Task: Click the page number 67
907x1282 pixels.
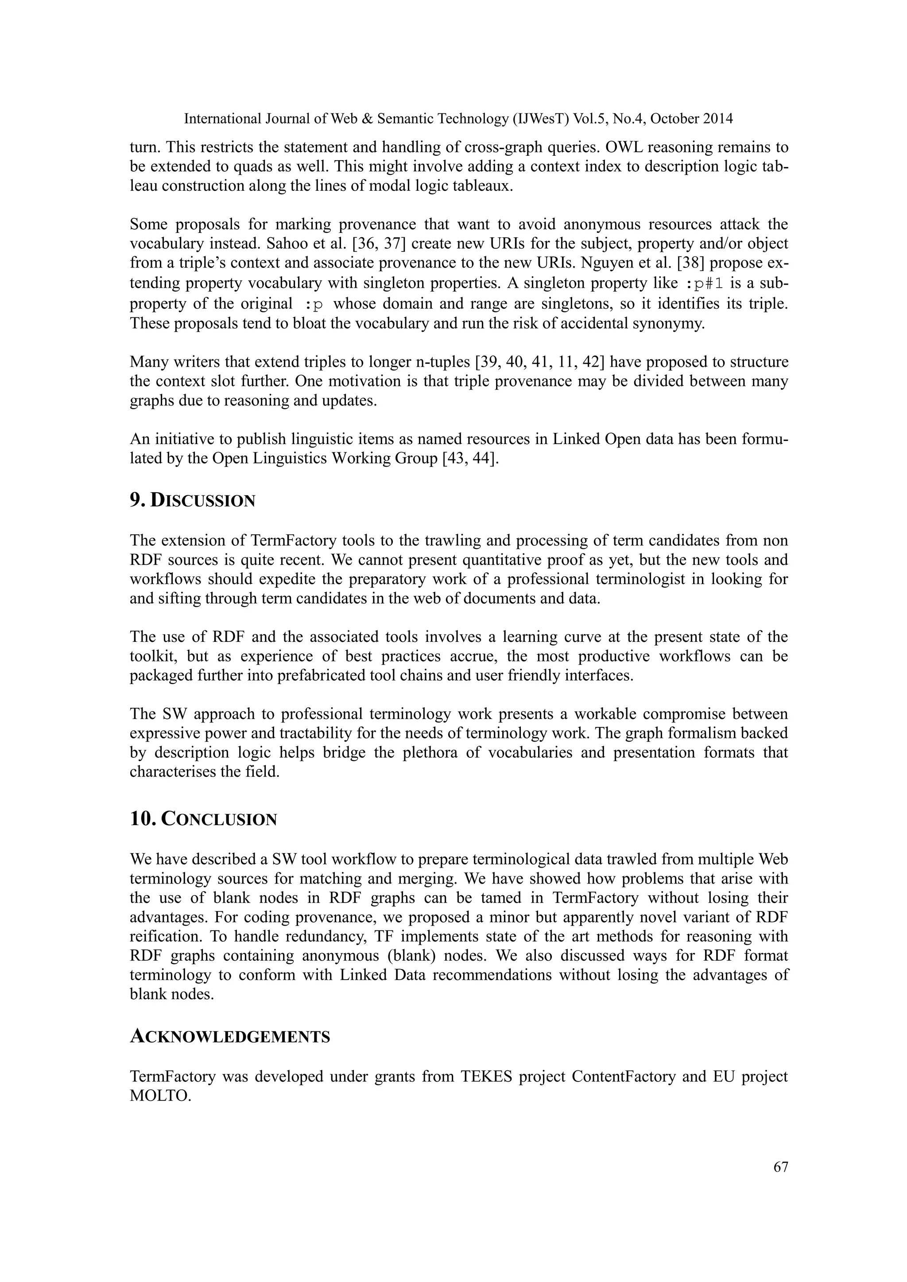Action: pos(780,1167)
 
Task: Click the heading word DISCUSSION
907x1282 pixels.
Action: pos(203,501)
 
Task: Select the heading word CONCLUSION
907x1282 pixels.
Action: pos(219,820)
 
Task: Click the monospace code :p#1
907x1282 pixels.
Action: pos(704,284)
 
